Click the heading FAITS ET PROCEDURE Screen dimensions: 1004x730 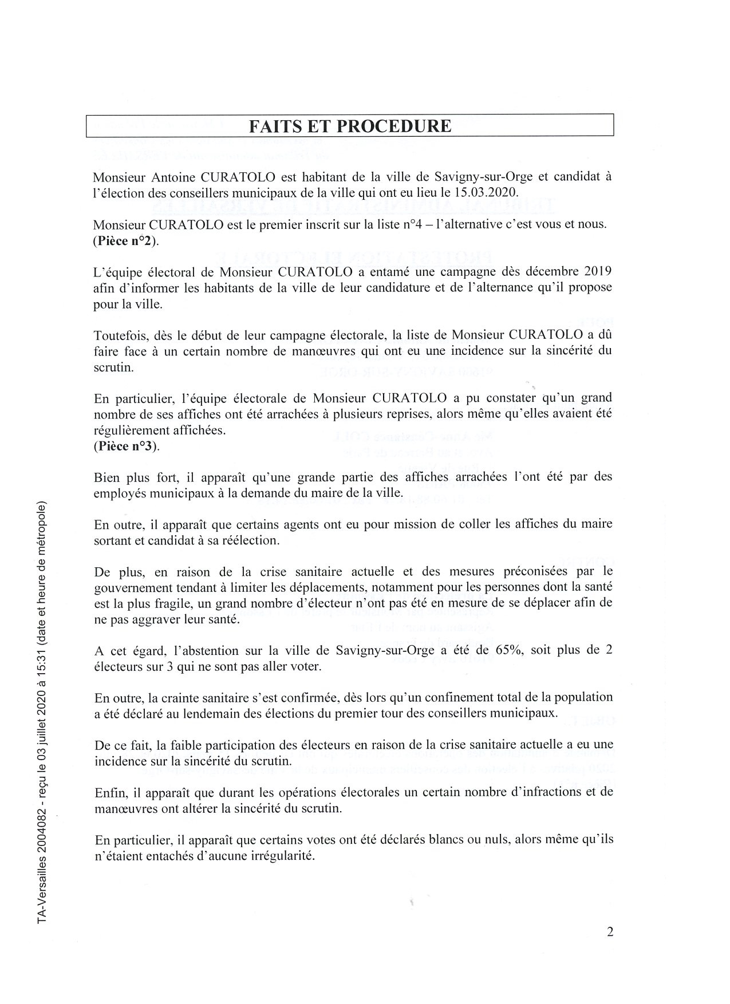coord(350,125)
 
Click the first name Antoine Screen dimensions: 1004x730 coord(159,176)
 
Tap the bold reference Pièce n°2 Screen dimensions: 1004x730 coord(125,241)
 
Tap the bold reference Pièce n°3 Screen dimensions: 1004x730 coord(125,446)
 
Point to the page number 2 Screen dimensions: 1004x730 coord(610,932)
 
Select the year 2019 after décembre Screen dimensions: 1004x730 coord(595,271)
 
